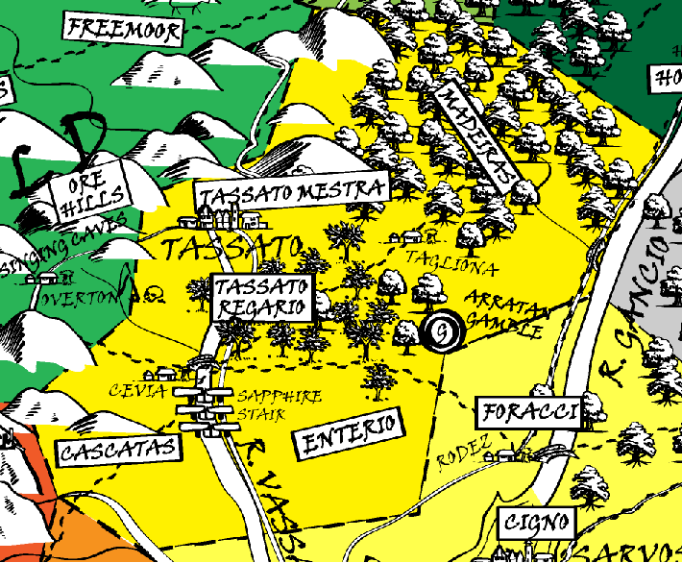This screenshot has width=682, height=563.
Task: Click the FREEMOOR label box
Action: [123, 31]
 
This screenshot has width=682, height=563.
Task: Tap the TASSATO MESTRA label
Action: [293, 190]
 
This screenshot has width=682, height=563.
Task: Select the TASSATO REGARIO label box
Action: [262, 299]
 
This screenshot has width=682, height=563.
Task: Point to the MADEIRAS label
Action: [475, 135]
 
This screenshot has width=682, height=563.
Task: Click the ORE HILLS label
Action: [92, 193]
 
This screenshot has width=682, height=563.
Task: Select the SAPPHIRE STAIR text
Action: [280, 404]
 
